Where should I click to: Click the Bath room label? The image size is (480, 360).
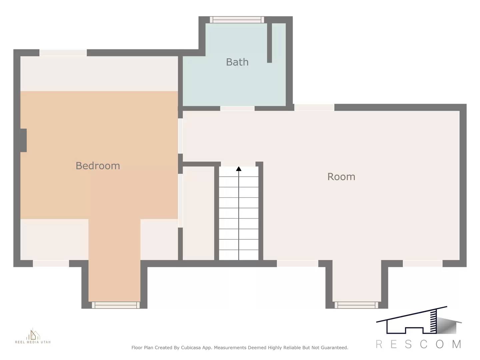[x=237, y=62]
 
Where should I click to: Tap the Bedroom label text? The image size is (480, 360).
[x=98, y=166]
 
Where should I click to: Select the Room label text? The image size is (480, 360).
[x=341, y=177]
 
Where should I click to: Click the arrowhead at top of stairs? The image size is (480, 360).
[x=239, y=169]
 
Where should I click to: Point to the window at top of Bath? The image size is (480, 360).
[x=237, y=20]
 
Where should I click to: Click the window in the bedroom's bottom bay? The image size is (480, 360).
[x=116, y=305]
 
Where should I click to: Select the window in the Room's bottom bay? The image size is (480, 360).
[x=356, y=305]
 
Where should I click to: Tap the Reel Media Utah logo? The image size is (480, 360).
[x=33, y=336]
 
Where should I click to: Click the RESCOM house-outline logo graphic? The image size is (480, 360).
[x=419, y=321]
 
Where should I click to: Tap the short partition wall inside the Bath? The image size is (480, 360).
[x=269, y=43]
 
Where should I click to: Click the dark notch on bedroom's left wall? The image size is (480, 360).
[x=23, y=140]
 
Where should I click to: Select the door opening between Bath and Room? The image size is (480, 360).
[x=237, y=108]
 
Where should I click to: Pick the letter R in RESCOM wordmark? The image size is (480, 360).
[x=379, y=344]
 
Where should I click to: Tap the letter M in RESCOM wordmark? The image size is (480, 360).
[x=457, y=344]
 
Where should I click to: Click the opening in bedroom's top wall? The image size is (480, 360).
[x=63, y=53]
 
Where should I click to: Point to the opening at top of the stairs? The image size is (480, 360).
[x=238, y=164]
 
